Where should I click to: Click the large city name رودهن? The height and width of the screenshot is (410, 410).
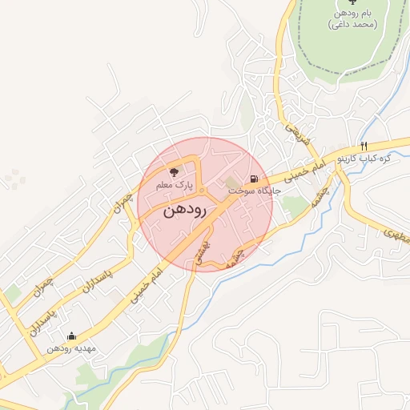[185, 211]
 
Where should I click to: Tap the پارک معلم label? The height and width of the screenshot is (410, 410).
[175, 186]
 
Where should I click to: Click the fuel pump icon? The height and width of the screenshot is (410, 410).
[254, 179]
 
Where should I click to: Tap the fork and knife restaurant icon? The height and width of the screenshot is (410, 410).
[364, 146]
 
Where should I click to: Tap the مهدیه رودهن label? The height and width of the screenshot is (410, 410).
[71, 349]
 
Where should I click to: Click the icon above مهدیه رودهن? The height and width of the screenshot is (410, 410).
[72, 336]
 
